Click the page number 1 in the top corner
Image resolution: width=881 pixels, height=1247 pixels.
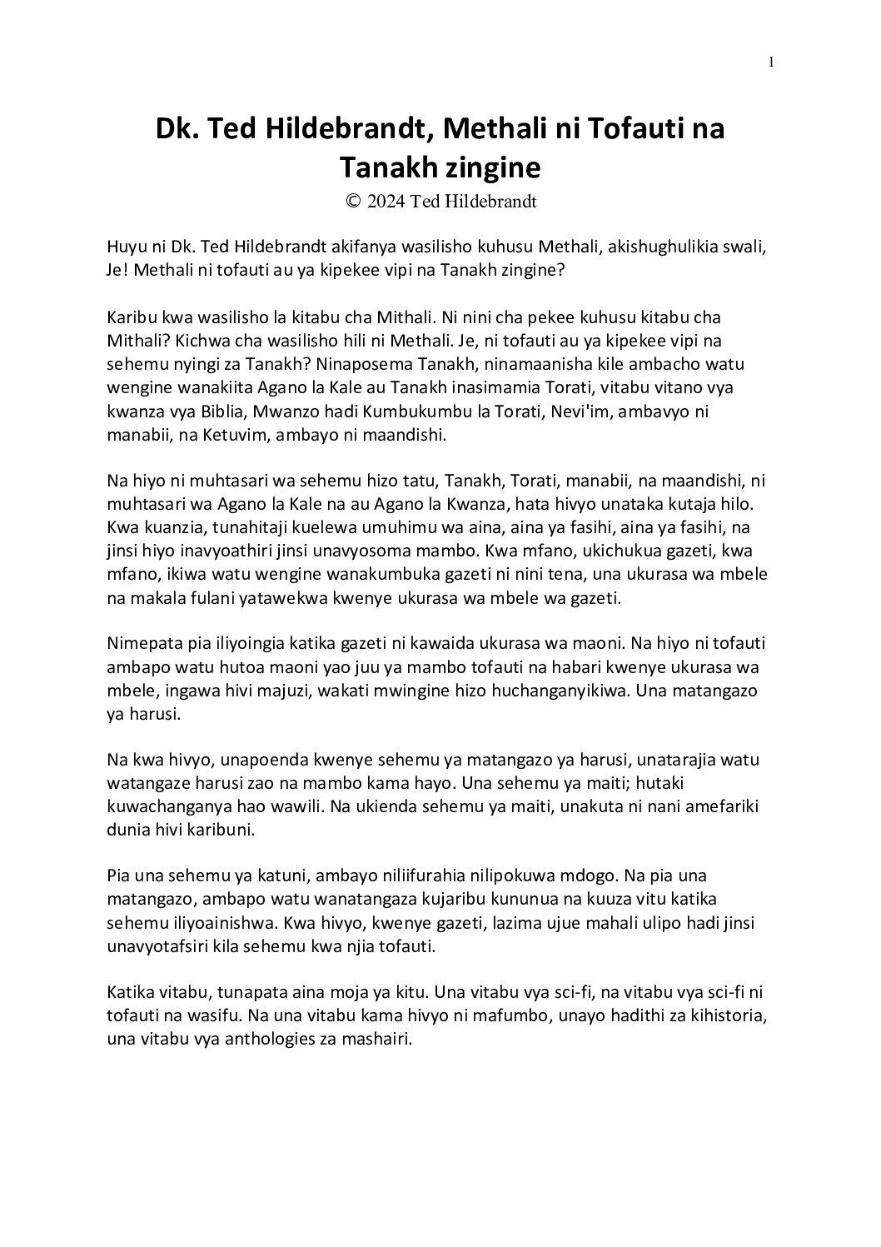click(772, 61)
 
